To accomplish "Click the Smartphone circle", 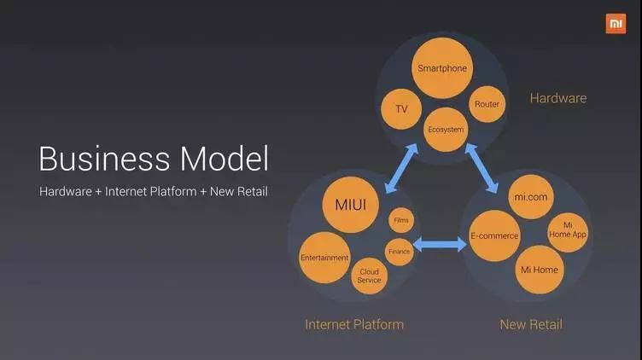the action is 442,68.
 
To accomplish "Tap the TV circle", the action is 401,109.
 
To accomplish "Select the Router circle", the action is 487,104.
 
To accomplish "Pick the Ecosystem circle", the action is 446,130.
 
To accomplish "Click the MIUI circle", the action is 351,205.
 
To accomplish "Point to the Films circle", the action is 401,220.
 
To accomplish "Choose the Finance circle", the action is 400,252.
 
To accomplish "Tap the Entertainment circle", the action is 324,258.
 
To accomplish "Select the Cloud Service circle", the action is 370,276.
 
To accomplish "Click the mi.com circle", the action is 531,197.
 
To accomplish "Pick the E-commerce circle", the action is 494,235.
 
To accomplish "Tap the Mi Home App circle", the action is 568,232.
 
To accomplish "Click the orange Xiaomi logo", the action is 616,24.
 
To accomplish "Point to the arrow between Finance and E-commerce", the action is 440,245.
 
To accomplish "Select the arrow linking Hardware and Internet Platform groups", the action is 401,168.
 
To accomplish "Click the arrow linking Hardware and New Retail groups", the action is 481,168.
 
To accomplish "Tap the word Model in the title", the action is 225,159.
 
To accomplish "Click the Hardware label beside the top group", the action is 558,98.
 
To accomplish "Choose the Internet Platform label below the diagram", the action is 354,324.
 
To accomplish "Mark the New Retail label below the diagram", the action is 531,324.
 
